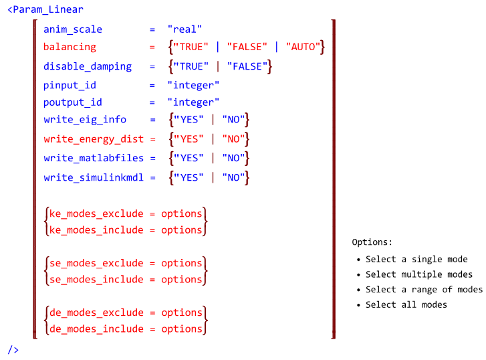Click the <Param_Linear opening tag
tap(45, 9)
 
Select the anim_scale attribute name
tap(73, 29)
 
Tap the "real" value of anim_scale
tap(185, 29)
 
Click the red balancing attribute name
tap(70, 47)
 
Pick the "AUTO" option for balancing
tap(303, 47)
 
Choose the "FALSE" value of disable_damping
tap(247, 66)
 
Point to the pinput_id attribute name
tap(70, 85)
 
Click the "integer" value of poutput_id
tap(193, 102)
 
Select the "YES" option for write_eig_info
tap(189, 120)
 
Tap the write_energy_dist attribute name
tap(94, 139)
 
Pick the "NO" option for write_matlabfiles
tap(233, 158)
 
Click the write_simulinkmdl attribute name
tap(94, 177)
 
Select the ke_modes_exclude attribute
tap(96, 213)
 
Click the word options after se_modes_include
tap(182, 280)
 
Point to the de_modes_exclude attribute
tap(96, 312)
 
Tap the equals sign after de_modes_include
tap(152, 329)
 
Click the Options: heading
tap(372, 242)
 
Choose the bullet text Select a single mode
tap(416, 259)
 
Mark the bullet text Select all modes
tap(406, 304)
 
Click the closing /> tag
tap(13, 350)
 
